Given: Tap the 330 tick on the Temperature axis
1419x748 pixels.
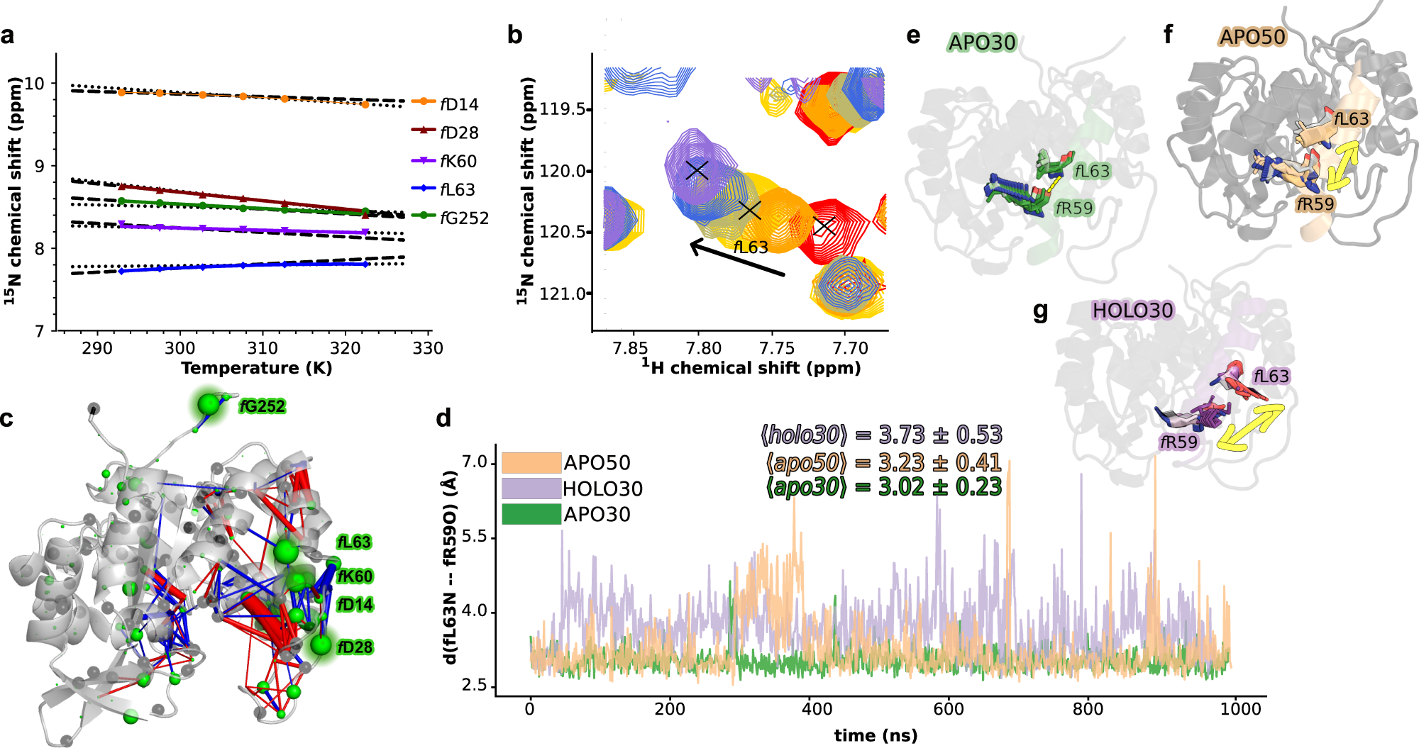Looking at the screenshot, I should click(428, 348).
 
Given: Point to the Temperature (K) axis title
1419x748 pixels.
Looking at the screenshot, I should click(256, 368).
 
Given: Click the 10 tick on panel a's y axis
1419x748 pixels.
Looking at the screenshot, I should click(34, 84).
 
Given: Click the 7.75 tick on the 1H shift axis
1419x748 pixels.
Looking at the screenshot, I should click(777, 348).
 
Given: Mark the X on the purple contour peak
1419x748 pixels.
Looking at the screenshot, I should click(697, 170).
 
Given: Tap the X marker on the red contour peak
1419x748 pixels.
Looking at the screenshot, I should click(824, 227).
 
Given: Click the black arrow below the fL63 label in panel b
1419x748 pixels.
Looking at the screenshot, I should click(737, 259).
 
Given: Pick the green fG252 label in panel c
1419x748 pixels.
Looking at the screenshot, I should click(262, 406).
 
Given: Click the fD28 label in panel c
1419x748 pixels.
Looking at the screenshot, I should click(355, 647).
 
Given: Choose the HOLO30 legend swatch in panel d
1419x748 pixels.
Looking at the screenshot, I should click(531, 489).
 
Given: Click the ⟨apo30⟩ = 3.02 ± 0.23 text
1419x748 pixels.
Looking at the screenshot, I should click(883, 487).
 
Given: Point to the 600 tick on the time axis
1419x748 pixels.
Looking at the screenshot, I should click(949, 709).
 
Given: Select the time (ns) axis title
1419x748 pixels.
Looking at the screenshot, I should click(876, 735).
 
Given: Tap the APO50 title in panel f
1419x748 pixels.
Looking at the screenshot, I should click(1252, 37).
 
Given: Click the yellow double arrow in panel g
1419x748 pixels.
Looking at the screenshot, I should click(1250, 427).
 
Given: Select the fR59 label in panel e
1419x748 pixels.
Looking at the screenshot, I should click(1073, 208).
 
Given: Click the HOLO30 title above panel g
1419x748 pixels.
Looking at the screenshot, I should click(1132, 311).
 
